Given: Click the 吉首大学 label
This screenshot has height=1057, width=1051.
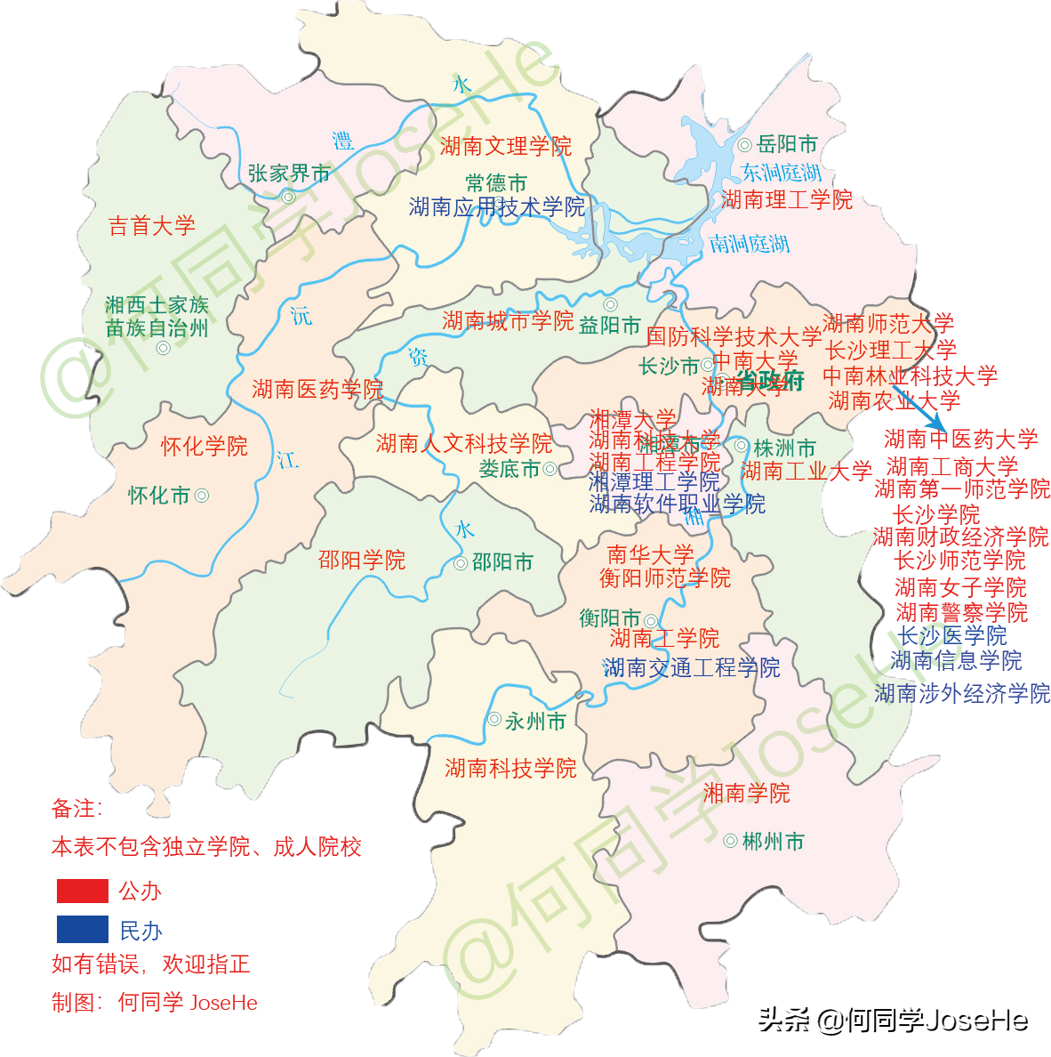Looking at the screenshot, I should pyautogui.click(x=151, y=226).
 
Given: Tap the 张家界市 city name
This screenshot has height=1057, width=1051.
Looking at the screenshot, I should pyautogui.click(x=289, y=173).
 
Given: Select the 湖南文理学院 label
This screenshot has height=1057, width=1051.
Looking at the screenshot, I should pyautogui.click(x=505, y=146).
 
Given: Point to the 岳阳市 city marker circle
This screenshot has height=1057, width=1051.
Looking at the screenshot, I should pyautogui.click(x=744, y=145).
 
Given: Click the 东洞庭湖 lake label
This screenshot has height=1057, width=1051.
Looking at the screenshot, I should pyautogui.click(x=782, y=172).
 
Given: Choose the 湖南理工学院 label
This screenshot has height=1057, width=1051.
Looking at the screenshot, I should pyautogui.click(x=787, y=199).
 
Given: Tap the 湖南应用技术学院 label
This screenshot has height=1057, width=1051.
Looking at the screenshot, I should pyautogui.click(x=497, y=207).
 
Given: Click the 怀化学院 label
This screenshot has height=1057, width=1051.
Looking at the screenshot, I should pyautogui.click(x=205, y=447).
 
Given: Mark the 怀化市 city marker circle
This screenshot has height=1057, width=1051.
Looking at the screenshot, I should pyautogui.click(x=202, y=496).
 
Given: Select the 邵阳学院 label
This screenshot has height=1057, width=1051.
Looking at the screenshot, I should pyautogui.click(x=362, y=560).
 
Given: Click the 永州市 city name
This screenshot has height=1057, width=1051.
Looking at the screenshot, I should pyautogui.click(x=535, y=722).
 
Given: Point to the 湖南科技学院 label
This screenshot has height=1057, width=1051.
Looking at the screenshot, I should pyautogui.click(x=510, y=768).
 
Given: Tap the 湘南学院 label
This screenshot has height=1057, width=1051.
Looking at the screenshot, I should pyautogui.click(x=746, y=793).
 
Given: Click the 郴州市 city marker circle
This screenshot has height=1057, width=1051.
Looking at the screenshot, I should pyautogui.click(x=730, y=841).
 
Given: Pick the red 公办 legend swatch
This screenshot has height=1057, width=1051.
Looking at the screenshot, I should pyautogui.click(x=83, y=891).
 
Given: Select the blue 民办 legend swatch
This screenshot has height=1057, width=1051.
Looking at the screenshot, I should pyautogui.click(x=83, y=930).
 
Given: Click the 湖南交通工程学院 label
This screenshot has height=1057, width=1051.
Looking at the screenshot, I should pyautogui.click(x=691, y=667).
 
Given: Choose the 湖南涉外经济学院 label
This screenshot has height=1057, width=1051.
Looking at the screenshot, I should pyautogui.click(x=962, y=693).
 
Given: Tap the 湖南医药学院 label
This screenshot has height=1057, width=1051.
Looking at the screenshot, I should pyautogui.click(x=317, y=389).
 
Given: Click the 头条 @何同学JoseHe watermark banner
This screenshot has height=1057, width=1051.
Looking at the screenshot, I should pyautogui.click(x=891, y=1019).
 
